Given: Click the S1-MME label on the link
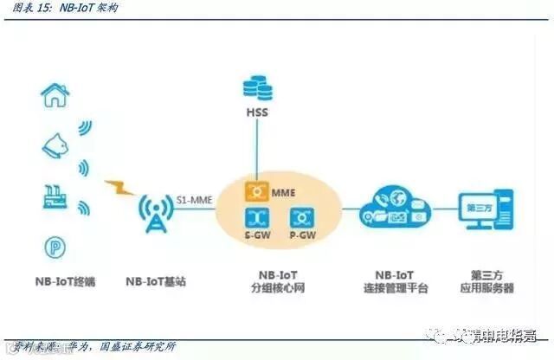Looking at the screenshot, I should tap(192, 197).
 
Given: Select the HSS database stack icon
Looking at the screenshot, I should tap(256, 88).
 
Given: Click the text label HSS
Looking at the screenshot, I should tap(256, 113).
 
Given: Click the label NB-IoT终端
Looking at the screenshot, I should tap(58, 282).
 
